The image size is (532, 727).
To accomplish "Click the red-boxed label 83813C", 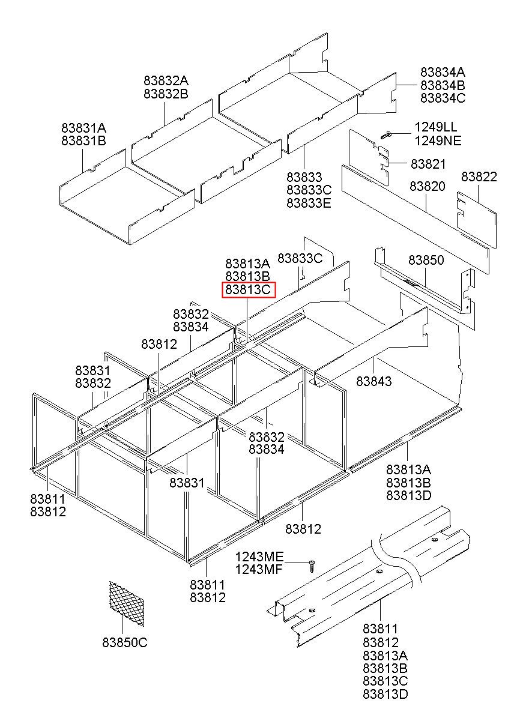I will [x=249, y=291].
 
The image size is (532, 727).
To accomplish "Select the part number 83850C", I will [x=125, y=642].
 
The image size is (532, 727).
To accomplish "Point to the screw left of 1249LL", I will [x=387, y=134].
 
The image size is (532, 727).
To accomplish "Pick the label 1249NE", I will [x=438, y=141].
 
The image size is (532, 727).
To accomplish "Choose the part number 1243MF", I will [x=258, y=570].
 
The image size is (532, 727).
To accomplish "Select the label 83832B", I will [x=166, y=94].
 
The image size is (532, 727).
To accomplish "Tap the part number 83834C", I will [x=443, y=98].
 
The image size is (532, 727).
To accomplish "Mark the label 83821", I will [x=428, y=164].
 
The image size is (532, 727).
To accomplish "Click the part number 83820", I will [x=428, y=187].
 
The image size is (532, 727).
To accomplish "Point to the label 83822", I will [x=479, y=176].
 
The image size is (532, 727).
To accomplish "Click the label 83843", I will [x=373, y=381].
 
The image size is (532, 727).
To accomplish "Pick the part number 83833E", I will [x=309, y=203].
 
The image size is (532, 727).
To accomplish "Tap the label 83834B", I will [x=443, y=85].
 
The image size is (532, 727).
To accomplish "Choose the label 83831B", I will [x=83, y=141].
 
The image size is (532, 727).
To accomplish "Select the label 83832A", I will [x=166, y=80].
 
